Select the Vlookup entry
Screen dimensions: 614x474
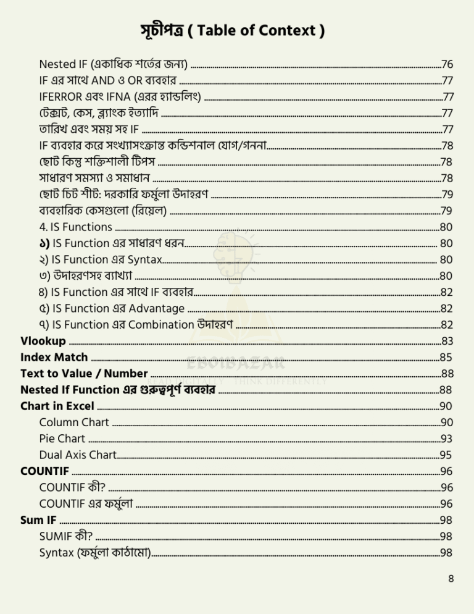(x=43, y=340)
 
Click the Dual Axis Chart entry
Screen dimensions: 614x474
(x=77, y=455)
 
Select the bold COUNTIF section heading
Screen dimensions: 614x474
(x=44, y=471)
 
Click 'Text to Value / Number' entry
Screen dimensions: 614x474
(x=84, y=373)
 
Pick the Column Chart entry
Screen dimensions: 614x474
(x=74, y=423)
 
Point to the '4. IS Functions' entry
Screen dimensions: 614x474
(x=75, y=227)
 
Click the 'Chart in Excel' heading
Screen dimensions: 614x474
(x=57, y=406)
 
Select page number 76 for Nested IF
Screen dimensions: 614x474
(x=447, y=64)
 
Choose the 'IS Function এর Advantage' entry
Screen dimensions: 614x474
(x=111, y=308)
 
